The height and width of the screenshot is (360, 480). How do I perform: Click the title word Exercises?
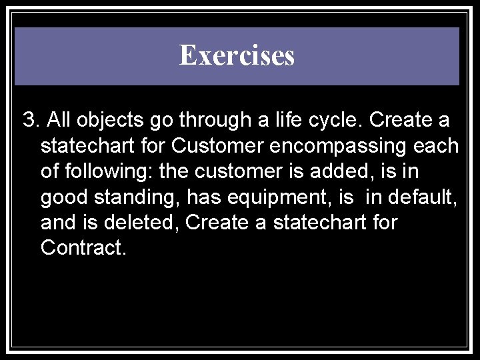click(x=237, y=56)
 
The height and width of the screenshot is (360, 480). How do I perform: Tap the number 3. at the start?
click(x=31, y=121)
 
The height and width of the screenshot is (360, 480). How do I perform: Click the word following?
click(x=105, y=171)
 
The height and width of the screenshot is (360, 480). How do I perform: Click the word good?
click(x=62, y=197)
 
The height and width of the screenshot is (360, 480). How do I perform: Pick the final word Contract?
click(x=82, y=247)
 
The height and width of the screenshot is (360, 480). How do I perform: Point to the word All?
click(x=62, y=121)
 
